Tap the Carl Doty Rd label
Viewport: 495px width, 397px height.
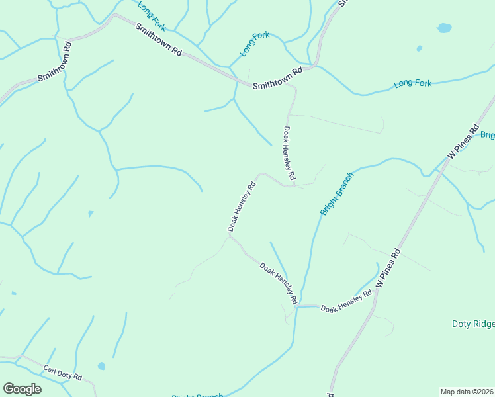[x=62, y=373]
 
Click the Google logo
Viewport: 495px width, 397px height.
[x=22, y=388]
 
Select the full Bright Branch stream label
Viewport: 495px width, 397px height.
[x=336, y=194]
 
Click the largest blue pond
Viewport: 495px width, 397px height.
[x=445, y=28]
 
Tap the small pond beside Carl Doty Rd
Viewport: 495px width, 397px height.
[x=101, y=365]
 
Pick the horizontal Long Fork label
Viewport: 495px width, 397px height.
[x=412, y=83]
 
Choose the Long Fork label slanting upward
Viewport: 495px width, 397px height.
[x=255, y=43]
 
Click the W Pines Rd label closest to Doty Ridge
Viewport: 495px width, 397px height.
[x=388, y=267]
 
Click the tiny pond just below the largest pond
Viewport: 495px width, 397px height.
[x=419, y=48]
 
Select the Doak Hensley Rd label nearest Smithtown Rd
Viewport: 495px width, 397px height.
[x=289, y=154]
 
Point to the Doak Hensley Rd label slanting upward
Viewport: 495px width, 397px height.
[x=242, y=206]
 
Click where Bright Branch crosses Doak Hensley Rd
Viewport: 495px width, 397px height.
[x=297, y=306]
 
